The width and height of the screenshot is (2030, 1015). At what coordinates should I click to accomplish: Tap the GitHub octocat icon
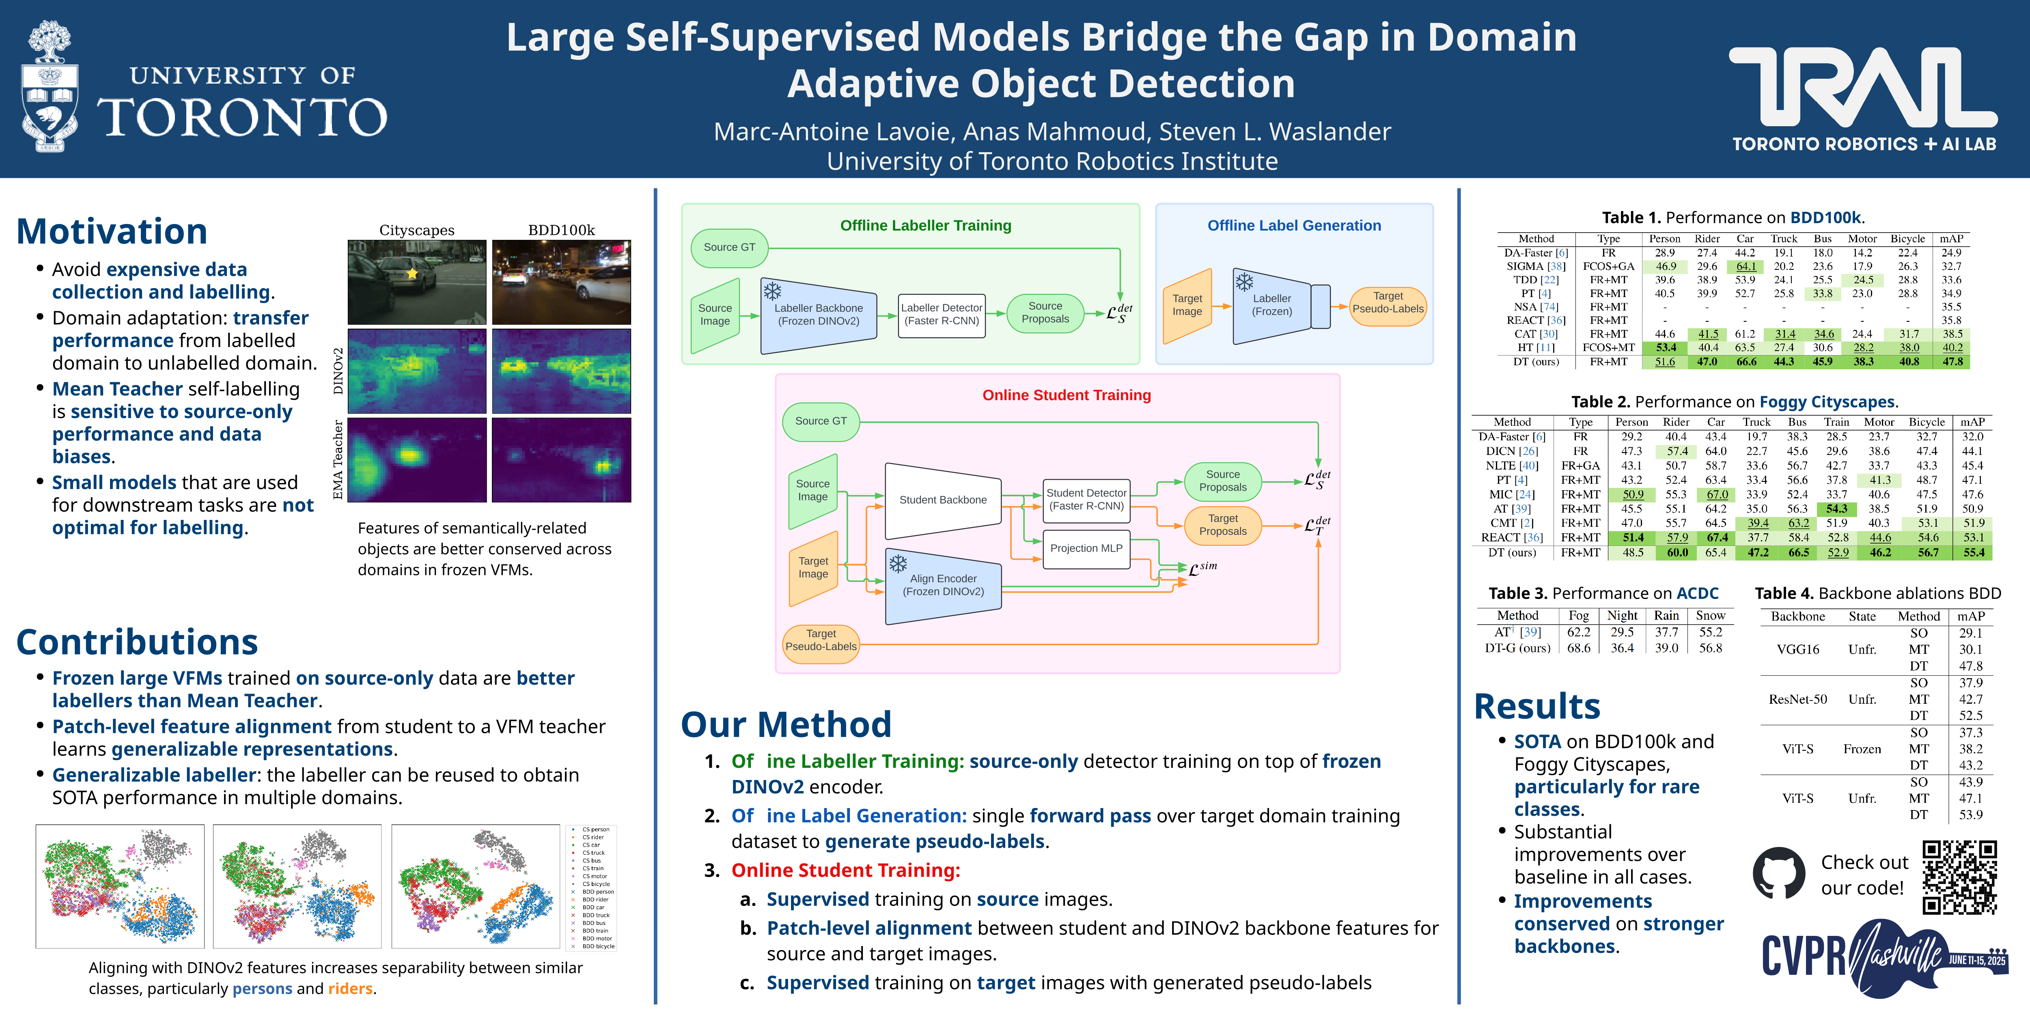click(x=1779, y=873)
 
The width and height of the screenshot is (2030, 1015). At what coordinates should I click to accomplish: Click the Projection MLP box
click(x=1086, y=548)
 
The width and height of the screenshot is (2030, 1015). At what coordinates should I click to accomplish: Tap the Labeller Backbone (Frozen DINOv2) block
click(x=818, y=315)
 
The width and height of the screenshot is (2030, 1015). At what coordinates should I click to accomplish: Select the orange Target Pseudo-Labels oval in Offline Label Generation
click(x=1388, y=303)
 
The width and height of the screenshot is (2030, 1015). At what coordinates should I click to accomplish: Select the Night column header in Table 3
click(x=1622, y=616)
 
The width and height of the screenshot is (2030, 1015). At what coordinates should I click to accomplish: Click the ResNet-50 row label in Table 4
click(x=1797, y=699)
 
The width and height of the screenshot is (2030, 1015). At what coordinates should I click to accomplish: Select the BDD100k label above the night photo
click(x=561, y=230)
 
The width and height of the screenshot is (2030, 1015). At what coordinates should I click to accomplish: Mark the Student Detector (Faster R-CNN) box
click(x=1086, y=500)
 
